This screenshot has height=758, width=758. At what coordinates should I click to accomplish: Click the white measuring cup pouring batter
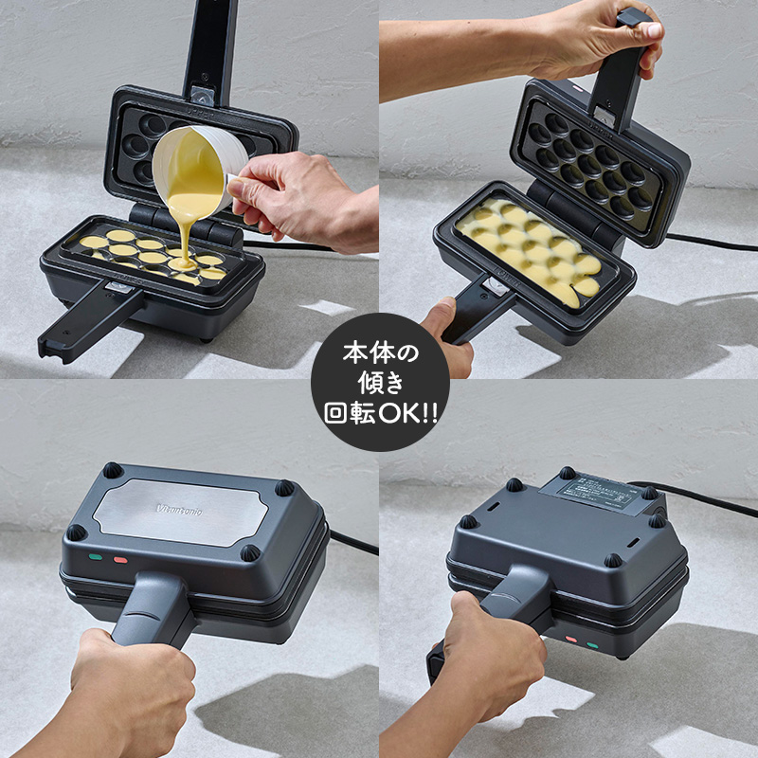tap(194, 171)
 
